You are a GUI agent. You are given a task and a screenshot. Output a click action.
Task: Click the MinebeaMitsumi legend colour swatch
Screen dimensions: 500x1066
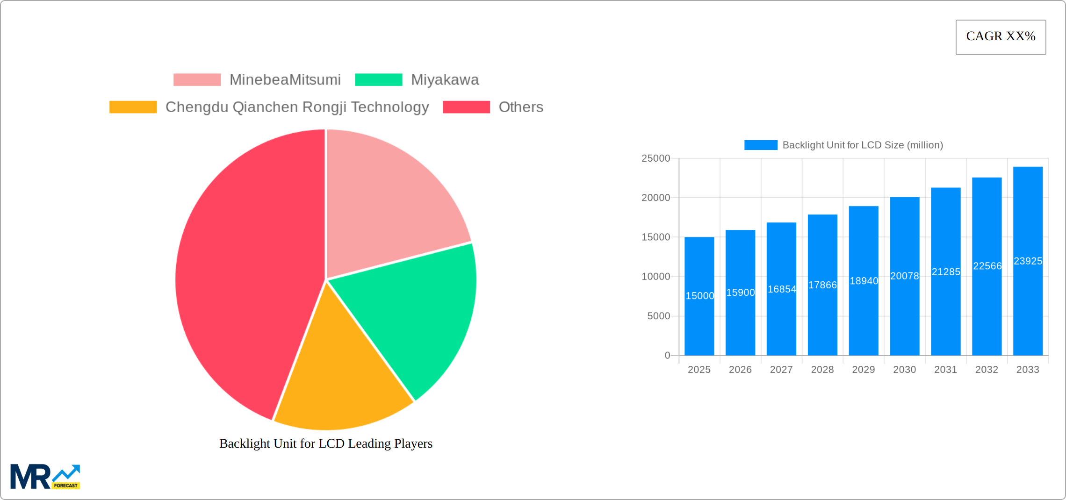point(197,80)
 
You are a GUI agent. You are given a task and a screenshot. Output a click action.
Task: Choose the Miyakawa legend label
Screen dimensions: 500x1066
point(445,80)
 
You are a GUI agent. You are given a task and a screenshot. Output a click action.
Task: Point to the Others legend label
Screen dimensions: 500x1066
point(521,107)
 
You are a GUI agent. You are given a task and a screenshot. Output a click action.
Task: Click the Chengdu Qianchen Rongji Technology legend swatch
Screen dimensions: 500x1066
point(133,107)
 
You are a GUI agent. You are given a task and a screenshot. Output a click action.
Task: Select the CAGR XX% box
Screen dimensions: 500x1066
point(1001,37)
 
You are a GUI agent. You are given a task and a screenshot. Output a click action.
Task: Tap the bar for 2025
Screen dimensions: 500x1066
point(699,318)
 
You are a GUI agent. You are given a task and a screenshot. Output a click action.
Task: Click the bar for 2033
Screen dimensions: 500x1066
point(1028,304)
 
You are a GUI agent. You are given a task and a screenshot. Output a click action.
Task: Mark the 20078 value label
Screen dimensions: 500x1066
point(904,276)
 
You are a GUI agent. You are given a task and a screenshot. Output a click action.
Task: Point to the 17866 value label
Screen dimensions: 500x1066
point(822,285)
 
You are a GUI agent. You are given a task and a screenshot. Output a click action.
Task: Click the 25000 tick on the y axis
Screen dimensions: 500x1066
point(655,158)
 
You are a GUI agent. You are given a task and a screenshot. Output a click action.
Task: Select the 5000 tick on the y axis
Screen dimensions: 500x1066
point(658,316)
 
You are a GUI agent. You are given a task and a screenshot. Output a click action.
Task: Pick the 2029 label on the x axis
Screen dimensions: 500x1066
point(863,370)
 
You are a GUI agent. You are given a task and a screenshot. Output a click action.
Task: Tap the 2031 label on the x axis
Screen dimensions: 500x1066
point(945,370)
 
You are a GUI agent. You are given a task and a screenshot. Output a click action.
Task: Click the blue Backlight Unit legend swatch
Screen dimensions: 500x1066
point(761,145)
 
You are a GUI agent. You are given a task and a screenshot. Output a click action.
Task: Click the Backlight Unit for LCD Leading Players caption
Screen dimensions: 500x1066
point(326,443)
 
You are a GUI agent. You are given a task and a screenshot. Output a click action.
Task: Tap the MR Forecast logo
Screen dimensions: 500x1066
point(45,477)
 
